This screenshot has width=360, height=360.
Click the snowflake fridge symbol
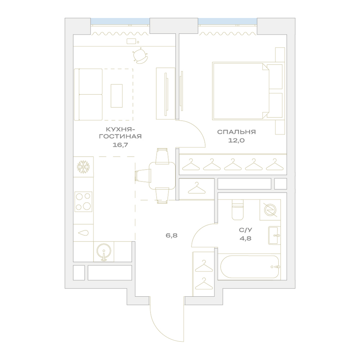coord(83,167)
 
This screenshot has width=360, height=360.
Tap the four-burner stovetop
coord(84,202)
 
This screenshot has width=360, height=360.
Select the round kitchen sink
coord(104,252)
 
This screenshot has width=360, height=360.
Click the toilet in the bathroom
coord(237,210)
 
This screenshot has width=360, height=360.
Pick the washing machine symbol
coord(270,210)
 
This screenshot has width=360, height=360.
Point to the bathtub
coord(249,267)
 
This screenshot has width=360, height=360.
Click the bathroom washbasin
coord(274,235)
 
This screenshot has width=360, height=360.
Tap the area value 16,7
coord(120,145)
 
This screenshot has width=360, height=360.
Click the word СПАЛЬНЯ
coord(236,132)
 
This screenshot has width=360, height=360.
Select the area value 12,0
coord(236,140)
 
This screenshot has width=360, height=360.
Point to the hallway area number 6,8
coord(172,235)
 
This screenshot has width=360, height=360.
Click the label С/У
coord(246,230)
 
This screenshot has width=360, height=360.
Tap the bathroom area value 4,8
coord(246,238)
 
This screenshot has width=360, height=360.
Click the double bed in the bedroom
coord(248,91)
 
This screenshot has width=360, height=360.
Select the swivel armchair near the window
coord(140,56)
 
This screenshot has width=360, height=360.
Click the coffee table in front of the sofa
coord(117,96)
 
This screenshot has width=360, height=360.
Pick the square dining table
coord(162,175)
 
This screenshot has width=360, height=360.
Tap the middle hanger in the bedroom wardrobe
coord(233,165)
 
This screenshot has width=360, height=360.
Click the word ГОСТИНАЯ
coord(120,136)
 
